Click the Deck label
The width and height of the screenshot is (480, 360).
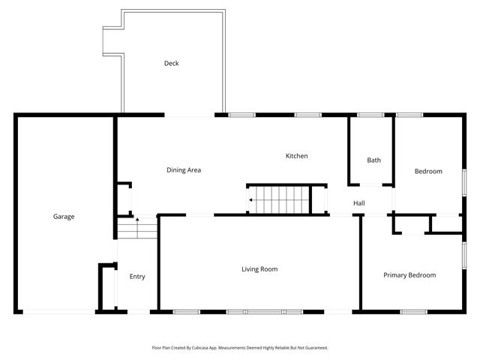pyautogui.click(x=172, y=64)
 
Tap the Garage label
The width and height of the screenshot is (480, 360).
pyautogui.click(x=64, y=217)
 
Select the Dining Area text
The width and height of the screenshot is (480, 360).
pyautogui.click(x=184, y=170)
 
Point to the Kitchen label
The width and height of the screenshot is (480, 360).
pyautogui.click(x=296, y=156)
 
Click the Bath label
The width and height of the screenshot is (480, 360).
pyautogui.click(x=373, y=160)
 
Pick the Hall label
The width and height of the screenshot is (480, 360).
pyautogui.click(x=359, y=203)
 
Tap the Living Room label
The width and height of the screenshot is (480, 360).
pyautogui.click(x=259, y=269)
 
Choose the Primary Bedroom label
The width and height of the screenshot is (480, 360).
pyautogui.click(x=409, y=275)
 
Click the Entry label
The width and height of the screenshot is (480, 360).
pyautogui.click(x=137, y=277)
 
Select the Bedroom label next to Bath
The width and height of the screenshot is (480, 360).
pyautogui.click(x=428, y=172)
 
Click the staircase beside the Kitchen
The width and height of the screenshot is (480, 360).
pyautogui.click(x=280, y=199)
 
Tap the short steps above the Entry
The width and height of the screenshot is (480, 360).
pyautogui.click(x=136, y=227)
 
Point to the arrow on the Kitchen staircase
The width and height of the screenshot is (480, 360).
pyautogui.click(x=250, y=200)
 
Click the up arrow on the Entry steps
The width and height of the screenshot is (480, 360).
pyautogui.click(x=136, y=219)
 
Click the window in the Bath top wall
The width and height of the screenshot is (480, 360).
pyautogui.click(x=370, y=115)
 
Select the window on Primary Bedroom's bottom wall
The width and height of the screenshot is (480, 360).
pyautogui.click(x=413, y=312)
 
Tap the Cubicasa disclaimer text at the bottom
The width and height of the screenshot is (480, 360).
pyautogui.click(x=240, y=347)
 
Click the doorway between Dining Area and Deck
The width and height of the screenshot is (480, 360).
pyautogui.click(x=190, y=115)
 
